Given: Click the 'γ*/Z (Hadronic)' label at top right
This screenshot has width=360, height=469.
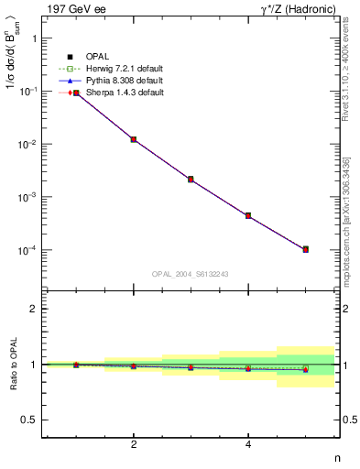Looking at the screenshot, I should pyautogui.click(x=296, y=8).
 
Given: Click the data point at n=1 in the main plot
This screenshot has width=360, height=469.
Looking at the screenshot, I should pyautogui.click(x=77, y=93).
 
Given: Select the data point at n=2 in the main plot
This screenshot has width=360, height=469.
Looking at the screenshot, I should pyautogui.click(x=134, y=139).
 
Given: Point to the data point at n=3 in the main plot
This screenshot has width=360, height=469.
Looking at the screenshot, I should pyautogui.click(x=191, y=180).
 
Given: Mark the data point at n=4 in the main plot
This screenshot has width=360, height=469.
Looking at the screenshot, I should pyautogui.click(x=248, y=216).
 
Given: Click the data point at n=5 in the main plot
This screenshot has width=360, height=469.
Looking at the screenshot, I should pyautogui.click(x=305, y=249).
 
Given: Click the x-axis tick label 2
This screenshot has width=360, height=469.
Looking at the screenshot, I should pyautogui.click(x=134, y=445).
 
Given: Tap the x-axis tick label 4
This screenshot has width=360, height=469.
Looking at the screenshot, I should pyautogui.click(x=248, y=445).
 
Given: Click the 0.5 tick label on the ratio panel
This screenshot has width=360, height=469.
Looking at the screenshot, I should pyautogui.click(x=29, y=420).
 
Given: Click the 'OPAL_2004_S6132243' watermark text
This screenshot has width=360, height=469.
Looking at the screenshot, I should pyautogui.click(x=191, y=274).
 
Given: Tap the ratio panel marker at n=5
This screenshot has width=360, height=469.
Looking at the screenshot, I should pyautogui.click(x=305, y=369).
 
